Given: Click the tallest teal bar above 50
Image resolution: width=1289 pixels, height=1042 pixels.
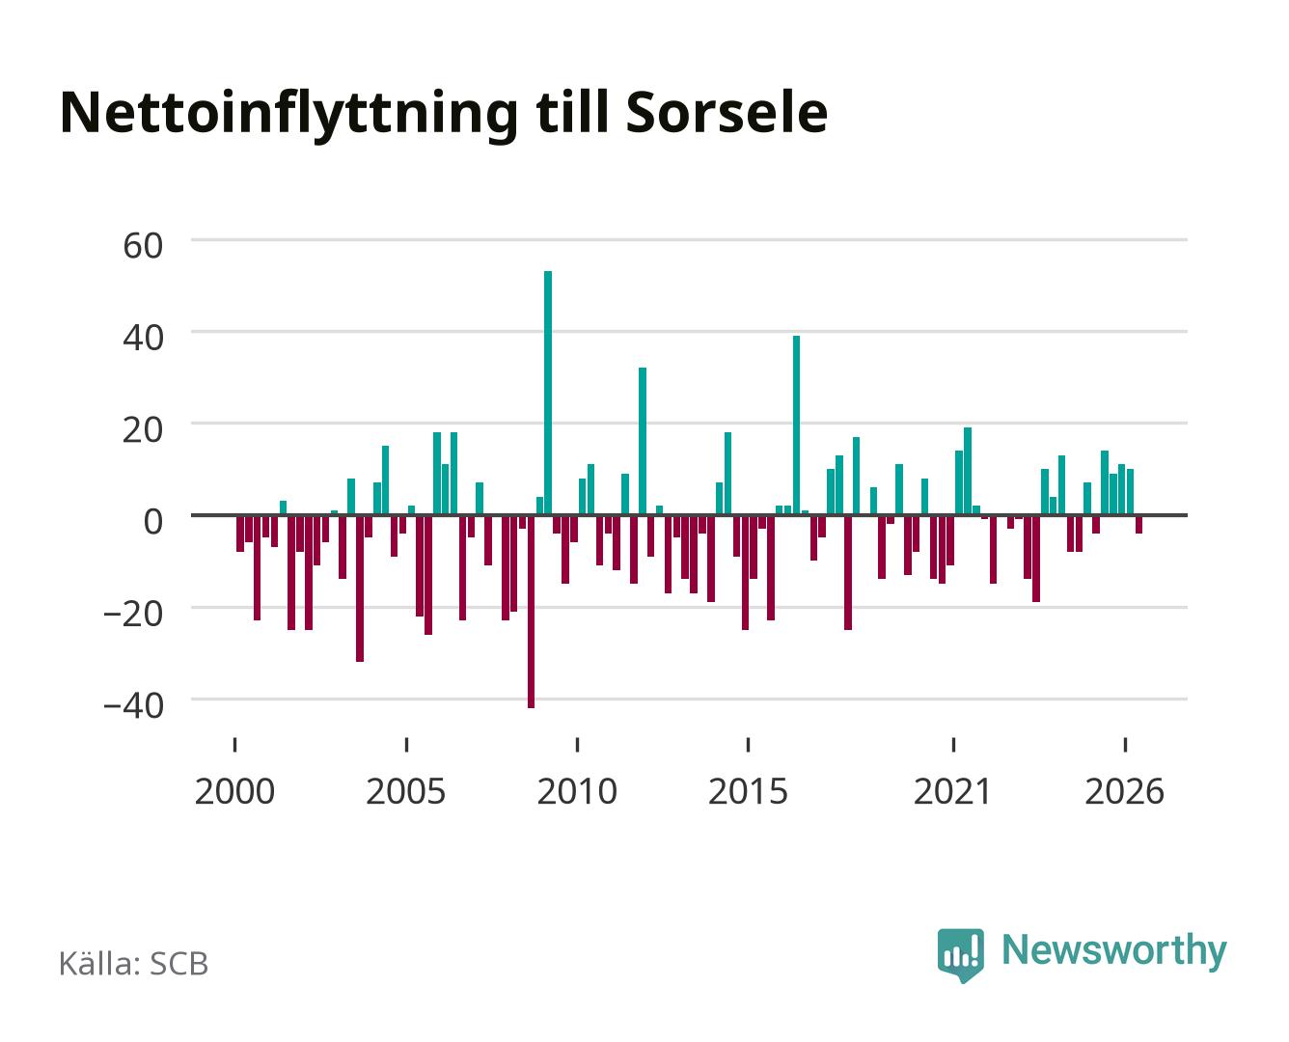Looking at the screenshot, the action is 548,393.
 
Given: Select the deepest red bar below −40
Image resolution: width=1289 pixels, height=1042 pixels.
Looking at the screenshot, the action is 531,611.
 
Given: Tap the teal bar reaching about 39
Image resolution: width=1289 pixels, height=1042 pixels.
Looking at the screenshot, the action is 796,425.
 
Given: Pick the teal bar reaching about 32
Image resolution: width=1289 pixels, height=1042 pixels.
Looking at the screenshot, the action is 642,441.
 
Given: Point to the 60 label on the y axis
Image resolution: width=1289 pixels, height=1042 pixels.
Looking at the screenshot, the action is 143,246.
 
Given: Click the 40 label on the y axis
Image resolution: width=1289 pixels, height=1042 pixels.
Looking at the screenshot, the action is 143,338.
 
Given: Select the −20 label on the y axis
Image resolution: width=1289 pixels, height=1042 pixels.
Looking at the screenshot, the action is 133,614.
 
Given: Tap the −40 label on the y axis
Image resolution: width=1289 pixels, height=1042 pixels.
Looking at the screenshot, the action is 133,705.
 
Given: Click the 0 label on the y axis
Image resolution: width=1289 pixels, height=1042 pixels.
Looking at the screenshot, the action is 153,522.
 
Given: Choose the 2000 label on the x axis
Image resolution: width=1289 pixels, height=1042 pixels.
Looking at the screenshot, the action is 234,791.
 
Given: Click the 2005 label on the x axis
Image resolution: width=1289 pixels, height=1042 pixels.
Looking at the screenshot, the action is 406,791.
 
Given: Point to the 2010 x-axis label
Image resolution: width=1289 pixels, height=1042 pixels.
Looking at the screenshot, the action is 577,791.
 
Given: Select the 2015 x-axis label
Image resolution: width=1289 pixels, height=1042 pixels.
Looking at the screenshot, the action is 749,791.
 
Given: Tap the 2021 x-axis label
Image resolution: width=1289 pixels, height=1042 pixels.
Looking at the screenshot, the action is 953,791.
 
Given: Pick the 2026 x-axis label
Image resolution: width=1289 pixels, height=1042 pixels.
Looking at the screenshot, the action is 1125,791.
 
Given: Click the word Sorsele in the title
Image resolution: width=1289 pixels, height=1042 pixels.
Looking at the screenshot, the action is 727,113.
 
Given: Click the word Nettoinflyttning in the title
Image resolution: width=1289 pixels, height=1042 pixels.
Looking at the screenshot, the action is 289,116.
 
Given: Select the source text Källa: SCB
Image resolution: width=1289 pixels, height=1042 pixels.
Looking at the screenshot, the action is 134,963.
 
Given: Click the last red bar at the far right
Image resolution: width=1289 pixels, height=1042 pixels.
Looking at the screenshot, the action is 1138,524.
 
